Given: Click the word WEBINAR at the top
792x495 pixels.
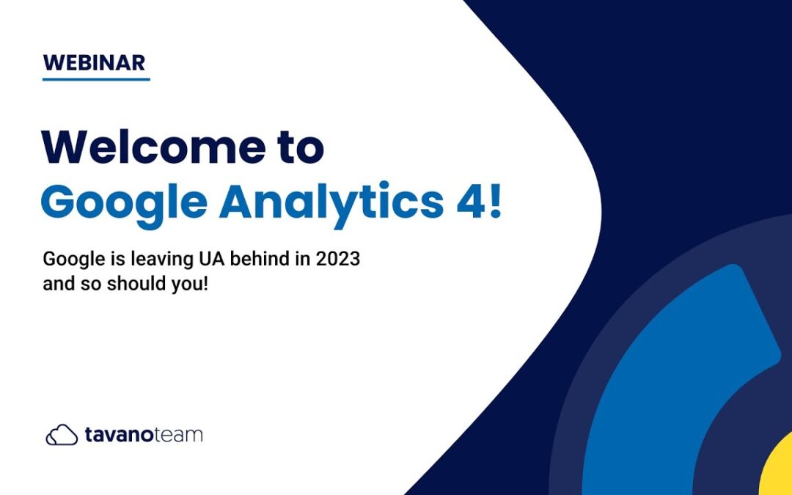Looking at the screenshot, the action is point(95,62).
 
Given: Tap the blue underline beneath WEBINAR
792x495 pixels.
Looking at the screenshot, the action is point(96,79).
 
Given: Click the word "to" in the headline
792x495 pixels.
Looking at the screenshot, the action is point(301,147).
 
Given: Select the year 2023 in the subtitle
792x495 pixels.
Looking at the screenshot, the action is point(337,259).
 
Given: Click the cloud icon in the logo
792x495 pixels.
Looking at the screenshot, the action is point(62,435).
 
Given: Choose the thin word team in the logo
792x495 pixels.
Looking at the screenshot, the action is point(177,435).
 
